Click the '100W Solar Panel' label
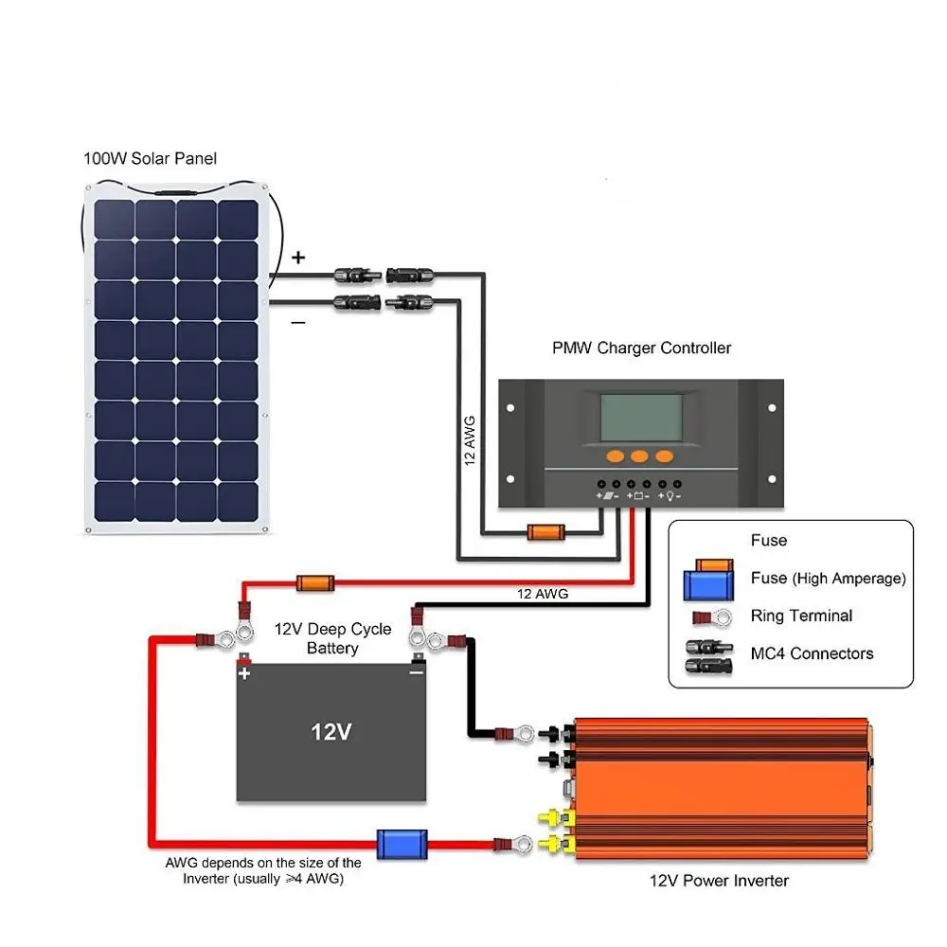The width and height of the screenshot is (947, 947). click(150, 158)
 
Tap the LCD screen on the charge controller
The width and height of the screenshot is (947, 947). click(639, 418)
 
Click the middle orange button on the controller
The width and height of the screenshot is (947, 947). click(639, 456)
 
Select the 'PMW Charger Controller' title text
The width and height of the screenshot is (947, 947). click(641, 348)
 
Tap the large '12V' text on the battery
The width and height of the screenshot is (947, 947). click(331, 732)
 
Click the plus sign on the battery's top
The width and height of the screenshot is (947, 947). click(245, 673)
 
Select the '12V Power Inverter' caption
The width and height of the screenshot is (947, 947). click(719, 881)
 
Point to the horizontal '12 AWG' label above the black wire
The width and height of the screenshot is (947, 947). click(543, 594)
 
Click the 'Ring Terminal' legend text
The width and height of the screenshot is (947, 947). click(801, 616)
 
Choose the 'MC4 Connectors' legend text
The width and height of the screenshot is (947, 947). click(812, 653)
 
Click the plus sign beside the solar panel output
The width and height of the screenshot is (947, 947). click(298, 257)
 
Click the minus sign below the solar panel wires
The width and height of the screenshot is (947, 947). click(298, 323)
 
